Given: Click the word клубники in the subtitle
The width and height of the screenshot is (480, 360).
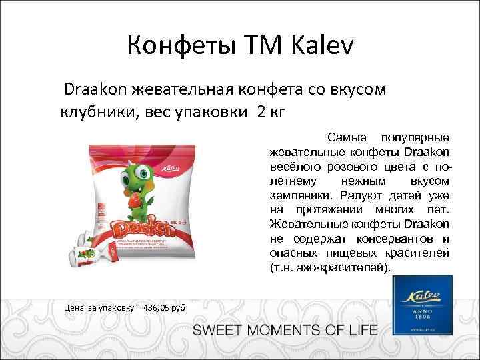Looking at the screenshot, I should tap(98, 111).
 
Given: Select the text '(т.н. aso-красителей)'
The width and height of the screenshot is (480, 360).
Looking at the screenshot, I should tap(327, 268).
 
